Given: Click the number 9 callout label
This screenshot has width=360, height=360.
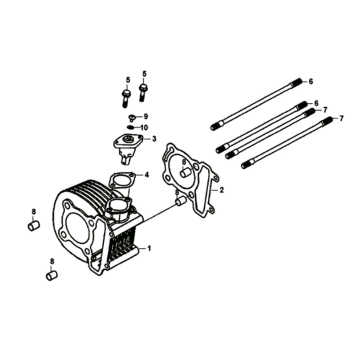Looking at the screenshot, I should pos(145,117).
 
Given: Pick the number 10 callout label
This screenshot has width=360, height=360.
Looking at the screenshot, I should pos(144,128).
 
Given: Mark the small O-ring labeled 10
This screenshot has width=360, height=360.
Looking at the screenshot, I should pos(130,128).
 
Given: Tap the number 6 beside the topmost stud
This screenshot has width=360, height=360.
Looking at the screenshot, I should pos(312,80).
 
